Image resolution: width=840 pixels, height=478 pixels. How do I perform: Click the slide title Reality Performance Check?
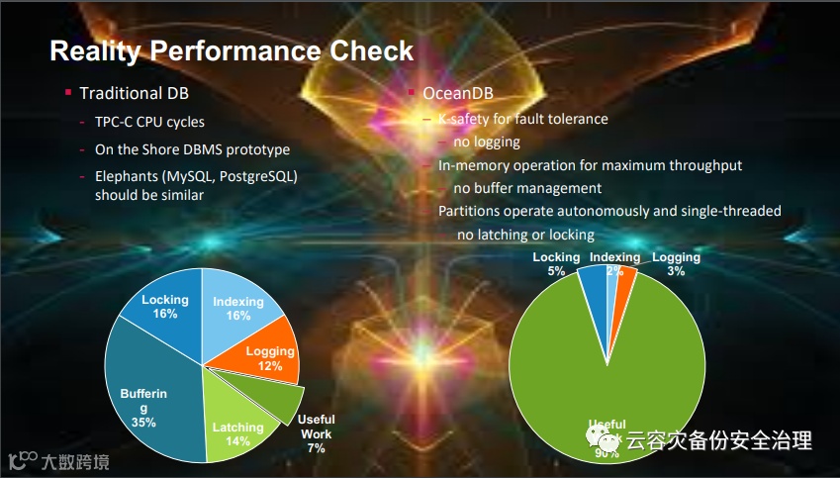(232, 50)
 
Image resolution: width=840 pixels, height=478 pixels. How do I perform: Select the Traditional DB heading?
(134, 94)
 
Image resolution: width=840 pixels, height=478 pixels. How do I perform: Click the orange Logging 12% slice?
(268, 356)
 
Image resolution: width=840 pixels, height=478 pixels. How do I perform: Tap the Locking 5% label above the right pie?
(556, 263)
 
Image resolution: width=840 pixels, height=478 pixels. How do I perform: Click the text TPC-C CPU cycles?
(149, 123)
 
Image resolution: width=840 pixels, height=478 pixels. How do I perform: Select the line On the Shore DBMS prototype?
(192, 149)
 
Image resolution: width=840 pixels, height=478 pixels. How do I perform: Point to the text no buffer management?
(527, 188)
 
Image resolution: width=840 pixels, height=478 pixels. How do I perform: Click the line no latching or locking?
(525, 235)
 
